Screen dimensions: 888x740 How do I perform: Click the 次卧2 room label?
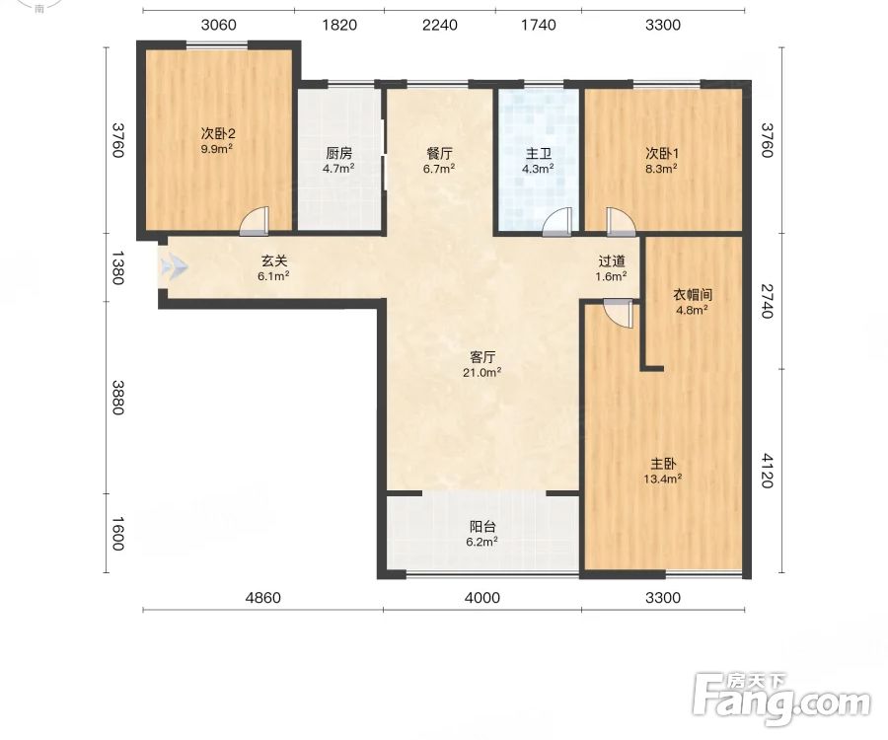click(x=218, y=133)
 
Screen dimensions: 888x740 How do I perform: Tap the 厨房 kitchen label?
click(x=338, y=153)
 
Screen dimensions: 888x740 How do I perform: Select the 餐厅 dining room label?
click(x=439, y=153)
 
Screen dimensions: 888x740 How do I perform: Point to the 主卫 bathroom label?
click(x=538, y=153)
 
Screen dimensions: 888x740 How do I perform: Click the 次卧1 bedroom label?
click(x=662, y=153)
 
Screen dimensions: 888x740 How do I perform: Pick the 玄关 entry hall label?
click(x=274, y=261)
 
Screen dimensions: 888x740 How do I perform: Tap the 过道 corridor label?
click(x=612, y=261)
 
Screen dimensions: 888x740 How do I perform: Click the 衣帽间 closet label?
click(x=692, y=294)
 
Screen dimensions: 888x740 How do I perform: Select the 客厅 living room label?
click(x=482, y=357)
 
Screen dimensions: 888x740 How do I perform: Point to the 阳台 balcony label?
click(x=482, y=527)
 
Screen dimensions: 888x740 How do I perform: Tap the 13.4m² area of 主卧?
click(x=663, y=479)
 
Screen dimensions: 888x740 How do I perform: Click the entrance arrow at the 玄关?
click(x=174, y=266)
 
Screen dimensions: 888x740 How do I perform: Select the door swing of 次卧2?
click(x=254, y=221)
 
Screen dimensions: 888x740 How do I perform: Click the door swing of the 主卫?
click(x=557, y=221)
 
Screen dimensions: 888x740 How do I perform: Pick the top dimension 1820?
click(x=339, y=25)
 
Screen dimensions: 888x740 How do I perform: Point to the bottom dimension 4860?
click(x=262, y=598)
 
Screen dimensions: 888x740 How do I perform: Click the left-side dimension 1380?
click(x=117, y=267)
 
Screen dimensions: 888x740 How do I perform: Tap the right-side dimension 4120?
click(x=767, y=471)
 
